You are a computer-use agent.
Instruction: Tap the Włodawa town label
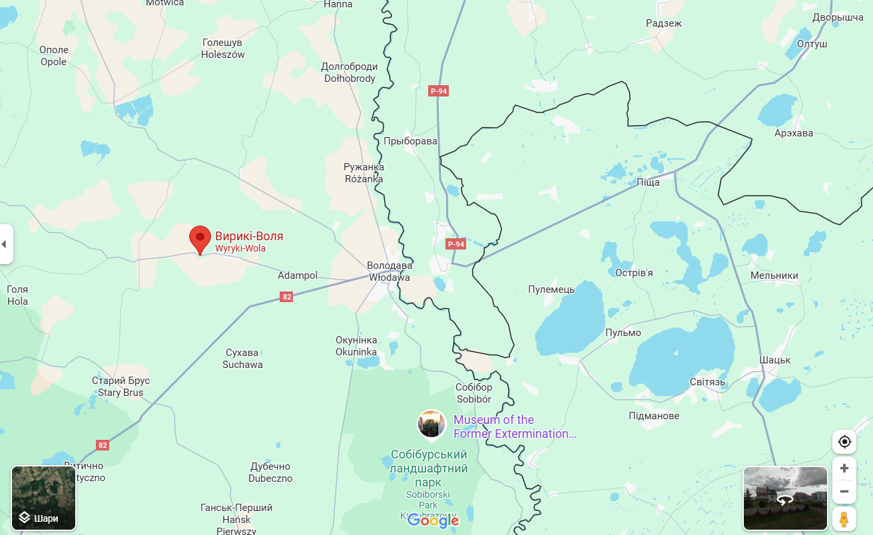click(x=390, y=271)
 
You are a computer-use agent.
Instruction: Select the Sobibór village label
click(x=473, y=393)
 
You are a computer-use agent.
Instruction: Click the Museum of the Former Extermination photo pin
click(x=432, y=424)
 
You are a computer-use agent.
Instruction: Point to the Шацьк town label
click(x=774, y=360)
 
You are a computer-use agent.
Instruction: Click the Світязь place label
click(x=707, y=382)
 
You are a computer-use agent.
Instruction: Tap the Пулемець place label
click(x=551, y=289)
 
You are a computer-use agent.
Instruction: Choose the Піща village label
click(x=648, y=182)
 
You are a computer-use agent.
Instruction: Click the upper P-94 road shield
click(x=438, y=91)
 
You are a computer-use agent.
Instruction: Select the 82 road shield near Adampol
click(x=286, y=297)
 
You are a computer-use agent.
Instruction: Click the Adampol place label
click(x=297, y=275)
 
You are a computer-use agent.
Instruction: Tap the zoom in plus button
click(x=844, y=468)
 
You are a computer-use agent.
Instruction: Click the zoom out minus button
click(x=844, y=492)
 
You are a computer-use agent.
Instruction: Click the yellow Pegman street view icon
click(x=844, y=518)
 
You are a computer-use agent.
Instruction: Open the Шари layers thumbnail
click(x=43, y=498)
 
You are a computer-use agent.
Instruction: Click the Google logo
click(x=433, y=521)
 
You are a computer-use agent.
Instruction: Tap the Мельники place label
click(x=774, y=275)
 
